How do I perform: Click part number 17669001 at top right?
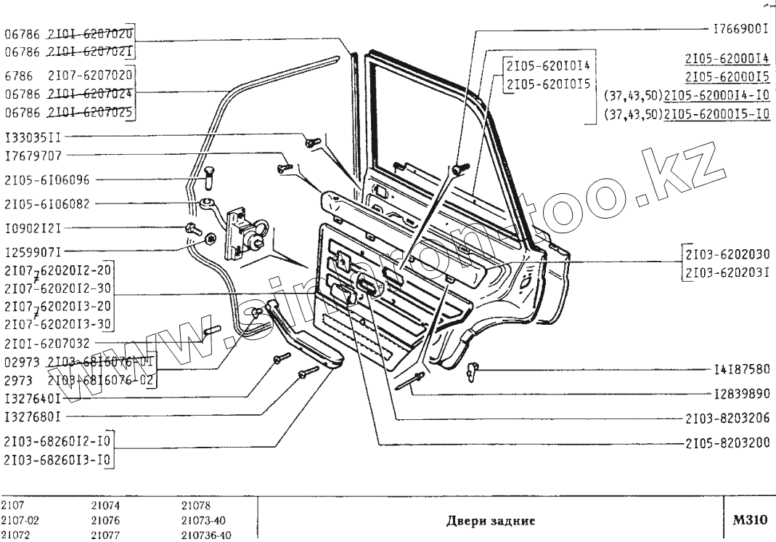click(743, 32)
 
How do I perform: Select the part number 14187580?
click(742, 370)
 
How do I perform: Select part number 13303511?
click(37, 136)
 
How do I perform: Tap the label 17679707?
click(33, 155)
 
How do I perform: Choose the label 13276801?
click(33, 418)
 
